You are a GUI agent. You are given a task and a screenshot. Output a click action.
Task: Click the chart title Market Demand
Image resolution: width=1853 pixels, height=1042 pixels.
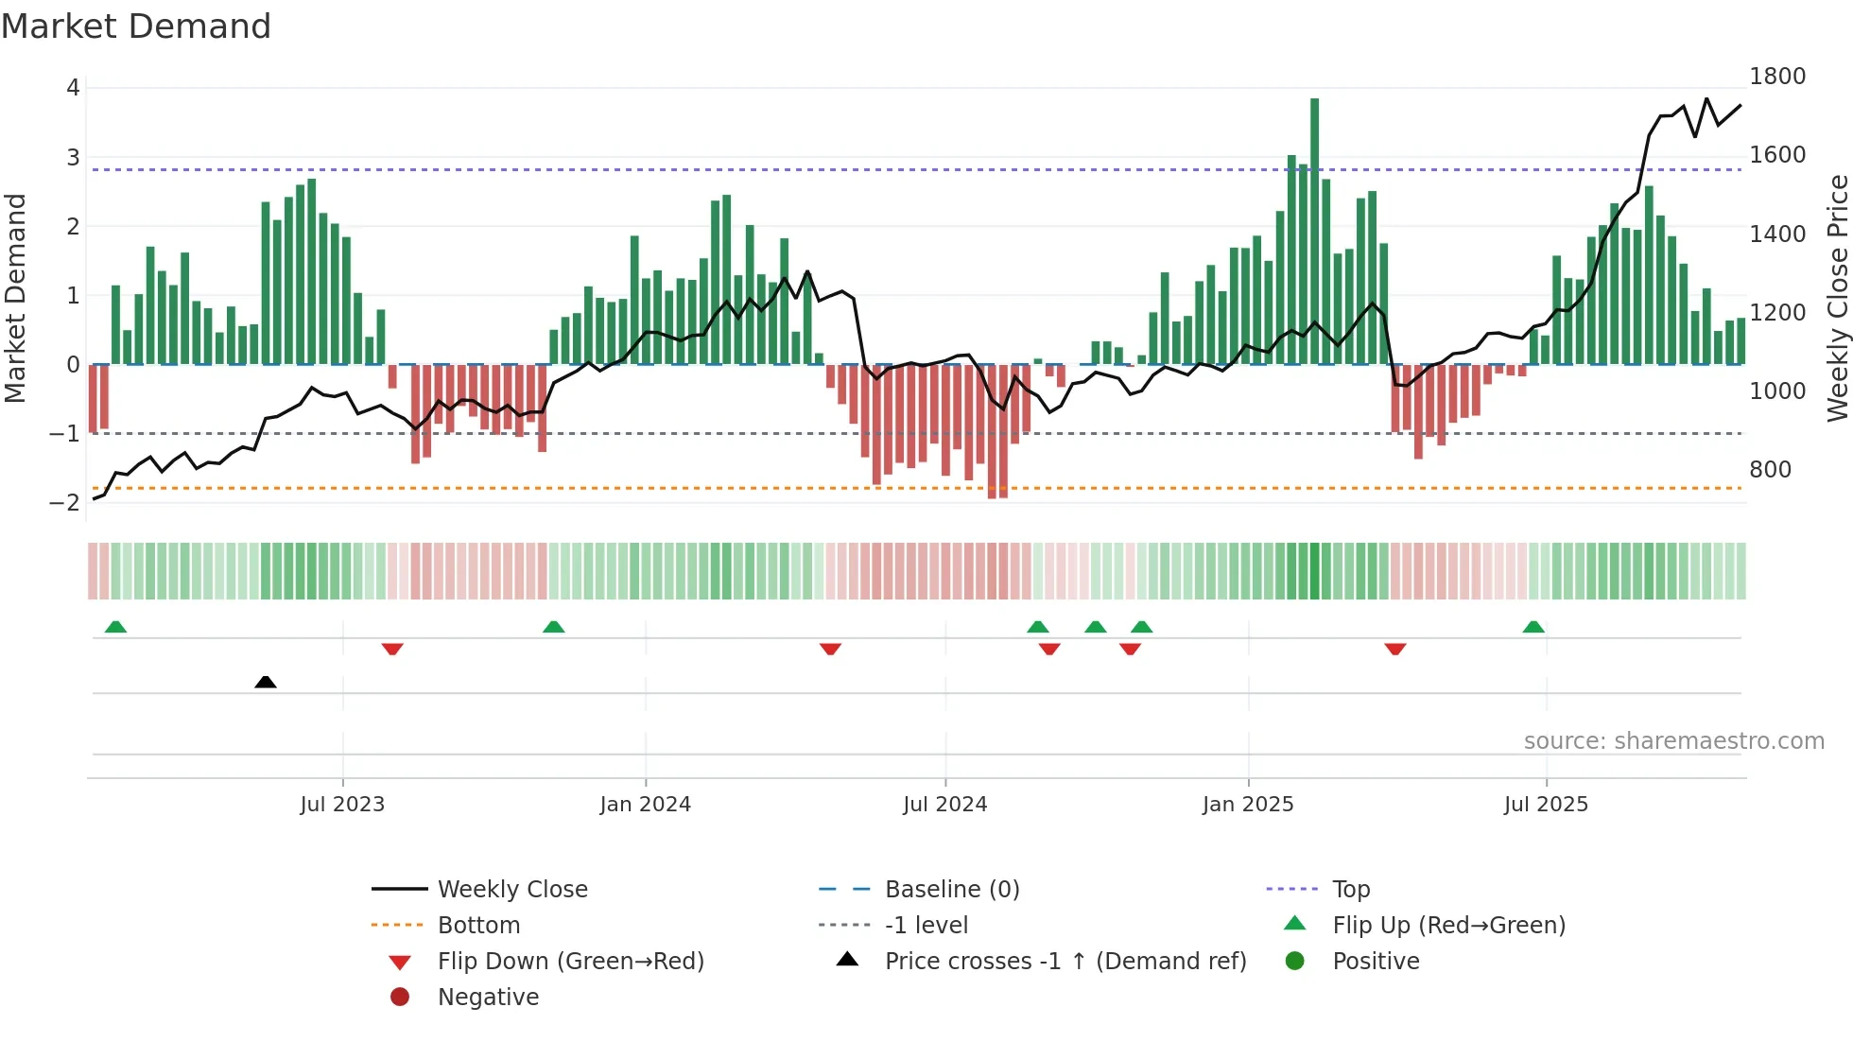coord(136,26)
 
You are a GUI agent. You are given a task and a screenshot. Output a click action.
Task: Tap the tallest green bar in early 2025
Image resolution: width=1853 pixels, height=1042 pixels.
coord(1314,227)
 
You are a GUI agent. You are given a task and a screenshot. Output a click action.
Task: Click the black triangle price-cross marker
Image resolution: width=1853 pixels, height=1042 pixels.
coord(266,682)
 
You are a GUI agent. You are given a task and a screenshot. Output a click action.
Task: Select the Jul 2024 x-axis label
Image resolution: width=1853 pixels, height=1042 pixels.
coord(944,804)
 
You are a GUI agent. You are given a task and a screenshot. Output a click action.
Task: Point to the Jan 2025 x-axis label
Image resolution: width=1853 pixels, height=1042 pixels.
coord(1248,804)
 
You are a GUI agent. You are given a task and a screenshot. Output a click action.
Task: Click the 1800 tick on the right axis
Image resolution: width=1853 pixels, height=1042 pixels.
coord(1776,76)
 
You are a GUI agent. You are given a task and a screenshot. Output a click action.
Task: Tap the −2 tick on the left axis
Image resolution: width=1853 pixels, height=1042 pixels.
coord(64,502)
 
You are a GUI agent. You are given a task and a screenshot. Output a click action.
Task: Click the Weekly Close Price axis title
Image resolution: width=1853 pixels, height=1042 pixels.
coord(1837,298)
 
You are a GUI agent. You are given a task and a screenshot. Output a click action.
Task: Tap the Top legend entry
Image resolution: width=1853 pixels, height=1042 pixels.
coord(1351,889)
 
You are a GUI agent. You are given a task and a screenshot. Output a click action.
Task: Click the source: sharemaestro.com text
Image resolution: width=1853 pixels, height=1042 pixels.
coord(1673,740)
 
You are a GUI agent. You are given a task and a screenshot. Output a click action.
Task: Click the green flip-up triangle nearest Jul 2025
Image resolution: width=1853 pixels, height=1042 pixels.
coord(1533,627)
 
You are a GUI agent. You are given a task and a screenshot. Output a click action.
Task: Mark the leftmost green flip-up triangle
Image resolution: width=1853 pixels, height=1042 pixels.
coord(115,627)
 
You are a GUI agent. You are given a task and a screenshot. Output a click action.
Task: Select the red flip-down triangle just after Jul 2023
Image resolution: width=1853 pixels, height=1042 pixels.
coord(392,649)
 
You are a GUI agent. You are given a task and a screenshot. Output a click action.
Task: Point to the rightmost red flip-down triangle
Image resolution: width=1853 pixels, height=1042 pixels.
coord(1395,649)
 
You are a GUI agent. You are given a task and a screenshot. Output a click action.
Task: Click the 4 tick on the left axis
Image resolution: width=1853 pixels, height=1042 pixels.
coord(73,87)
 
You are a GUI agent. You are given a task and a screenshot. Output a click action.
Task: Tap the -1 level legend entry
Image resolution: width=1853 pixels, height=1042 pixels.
coord(926,925)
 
